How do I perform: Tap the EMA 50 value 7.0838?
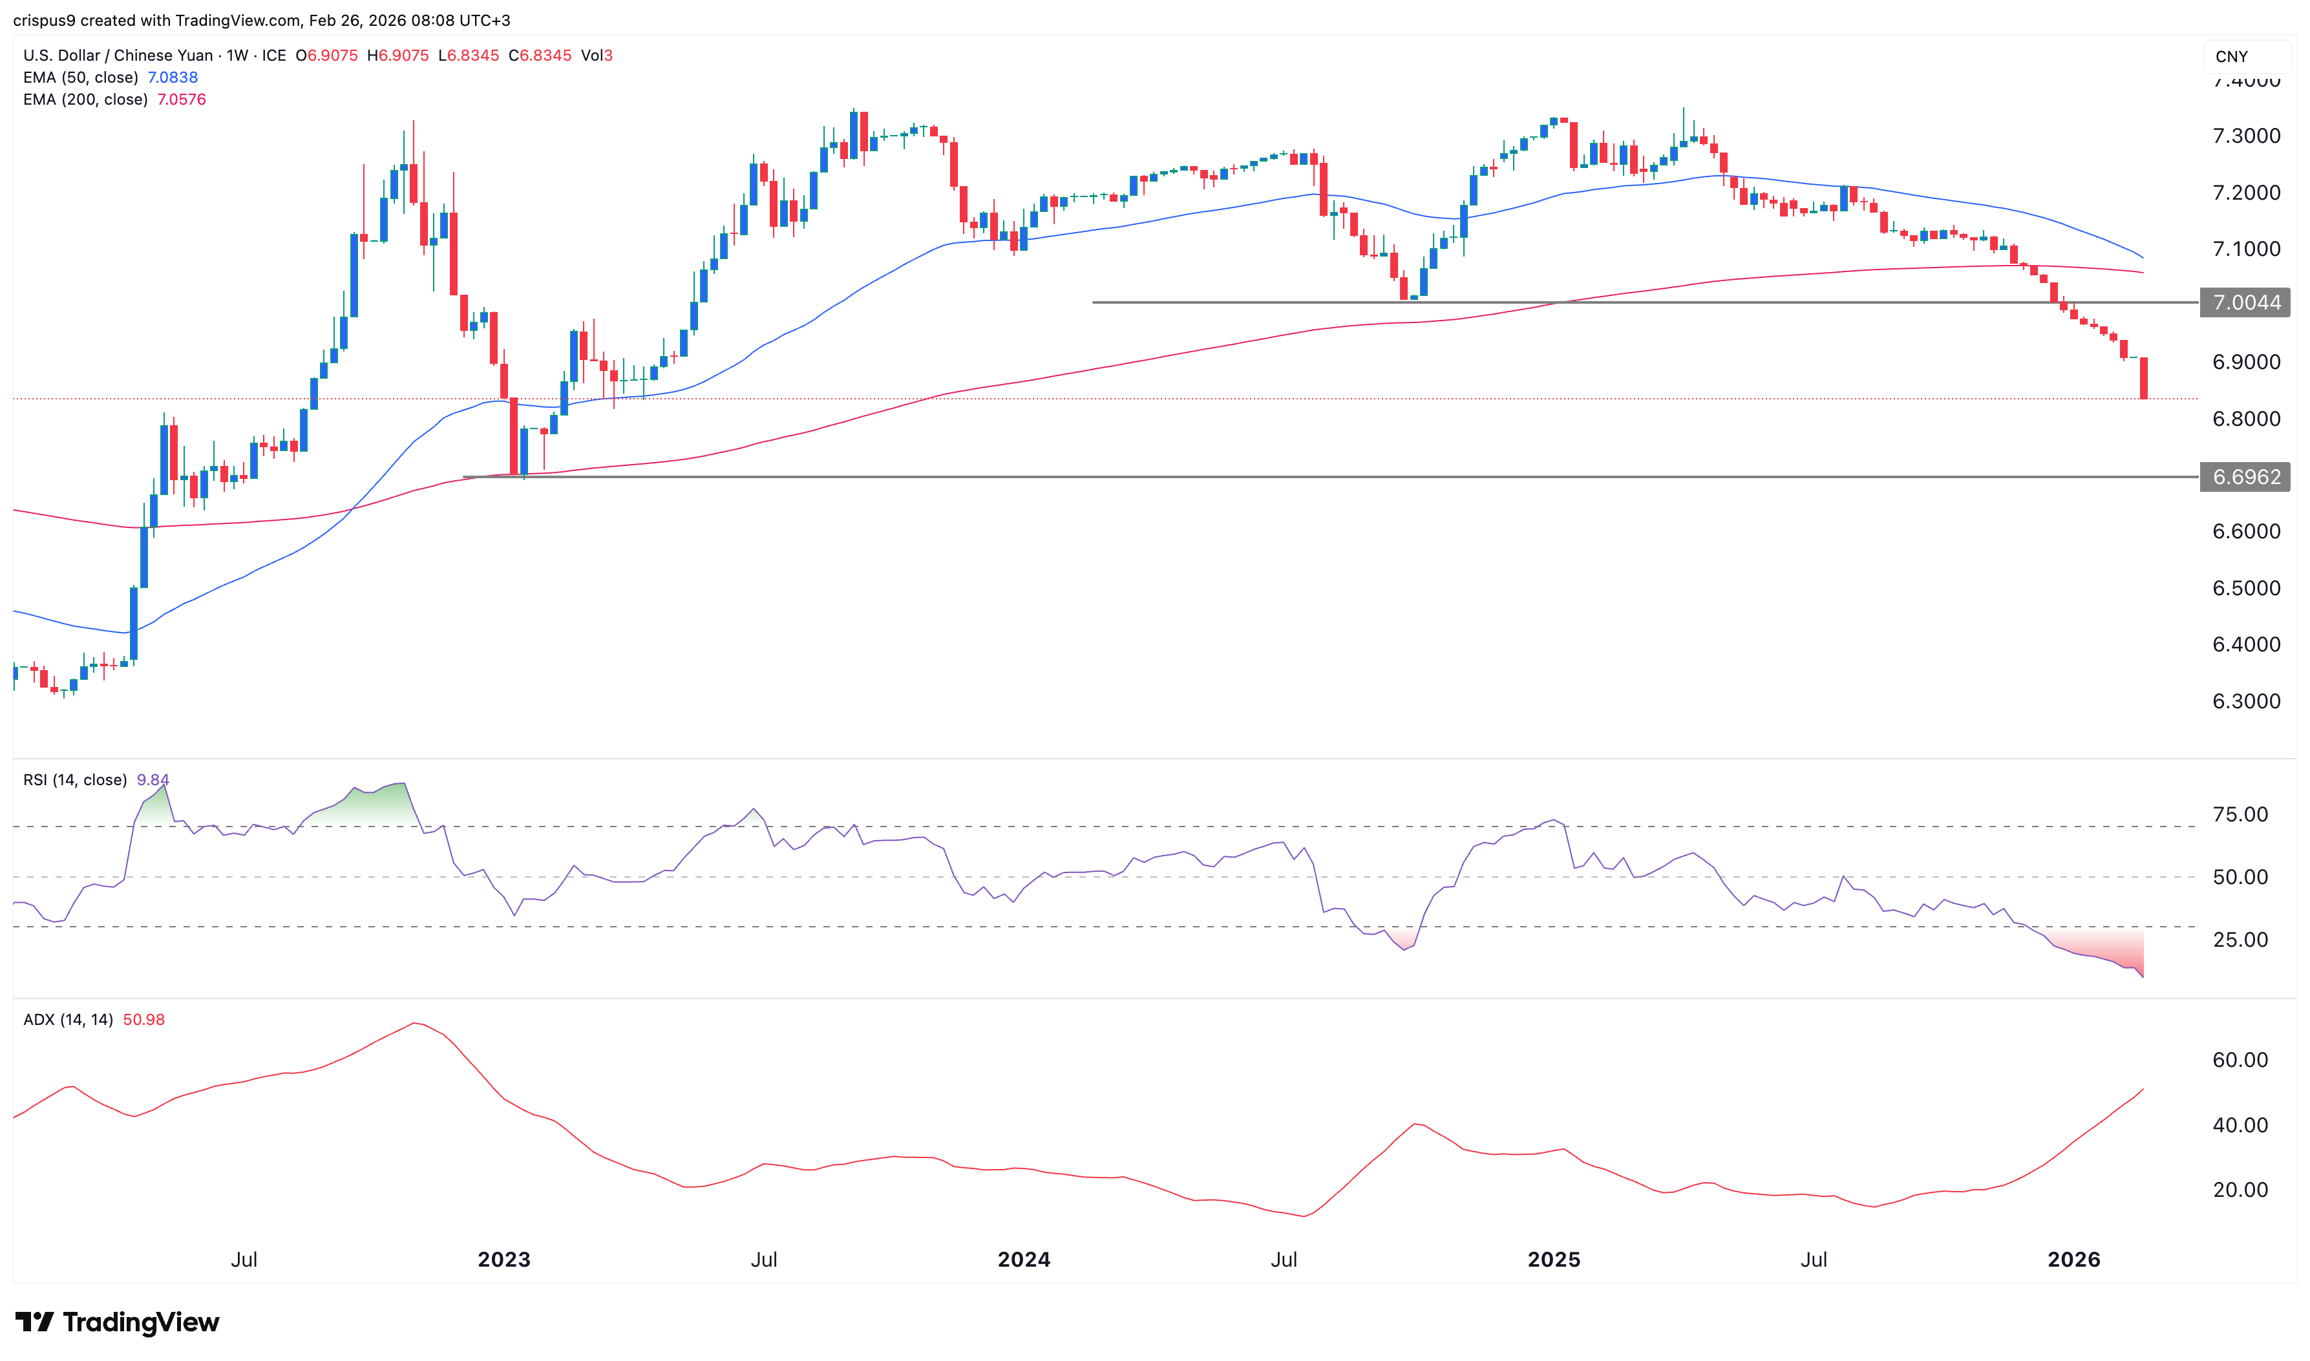(173, 77)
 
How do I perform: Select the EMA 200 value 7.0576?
(181, 99)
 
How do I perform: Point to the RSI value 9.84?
(153, 779)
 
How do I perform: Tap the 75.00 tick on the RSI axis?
(2240, 814)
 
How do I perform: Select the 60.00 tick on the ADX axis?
(2240, 1060)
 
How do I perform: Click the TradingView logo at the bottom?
(118, 1322)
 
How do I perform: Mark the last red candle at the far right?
(2144, 378)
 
